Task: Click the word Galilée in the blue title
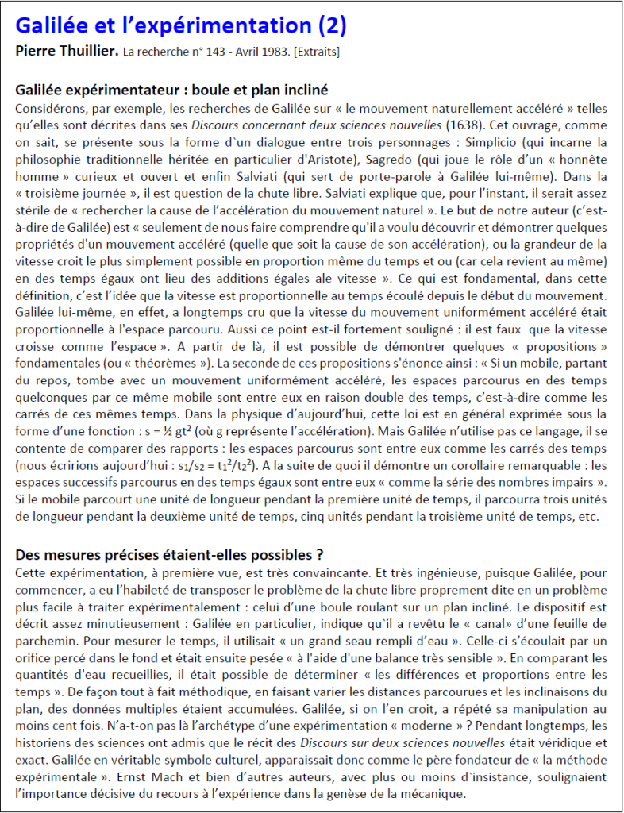pos(53,26)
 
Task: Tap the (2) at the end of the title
pos(331,26)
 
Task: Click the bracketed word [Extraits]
pos(317,53)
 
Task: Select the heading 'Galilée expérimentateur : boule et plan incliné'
pos(171,90)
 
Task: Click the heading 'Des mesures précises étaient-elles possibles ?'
pos(169,553)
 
